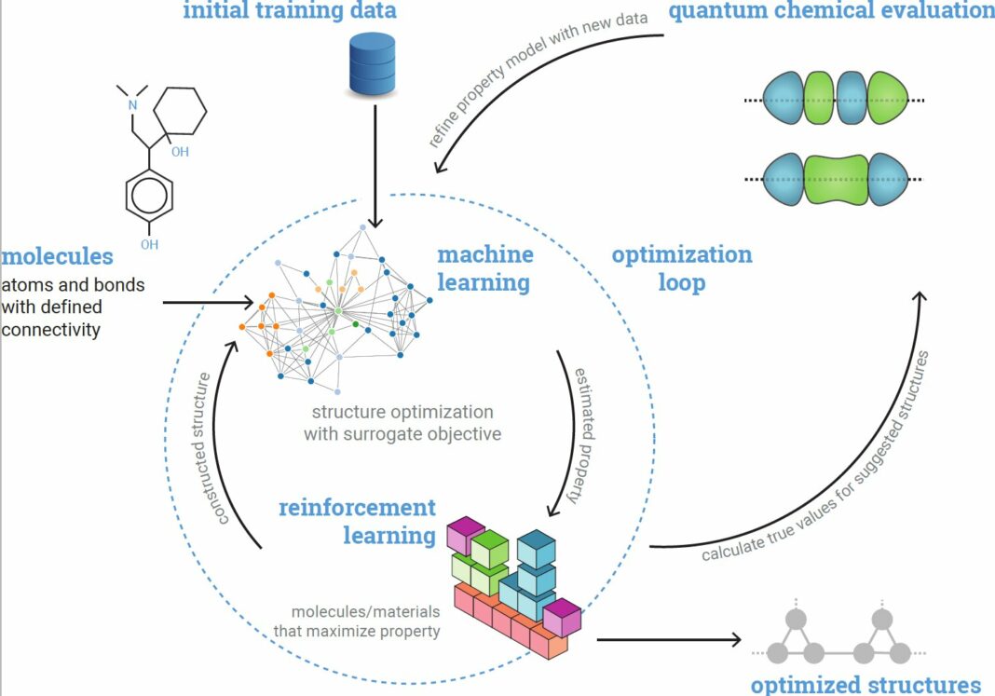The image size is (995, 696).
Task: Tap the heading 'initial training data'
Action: pyautogui.click(x=289, y=11)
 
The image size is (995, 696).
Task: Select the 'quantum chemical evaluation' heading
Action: pyautogui.click(x=831, y=11)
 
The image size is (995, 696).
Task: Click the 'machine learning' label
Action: pyautogui.click(x=484, y=267)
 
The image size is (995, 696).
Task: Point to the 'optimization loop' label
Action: pyautogui.click(x=681, y=268)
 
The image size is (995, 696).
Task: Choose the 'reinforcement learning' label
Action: pyautogui.click(x=357, y=522)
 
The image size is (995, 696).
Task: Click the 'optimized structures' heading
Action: pyautogui.click(x=866, y=684)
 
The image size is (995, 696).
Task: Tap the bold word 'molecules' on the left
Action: pyautogui.click(x=58, y=255)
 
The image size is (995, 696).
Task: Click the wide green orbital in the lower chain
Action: pyautogui.click(x=836, y=179)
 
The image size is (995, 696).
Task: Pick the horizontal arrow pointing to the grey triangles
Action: pyautogui.click(x=667, y=639)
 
